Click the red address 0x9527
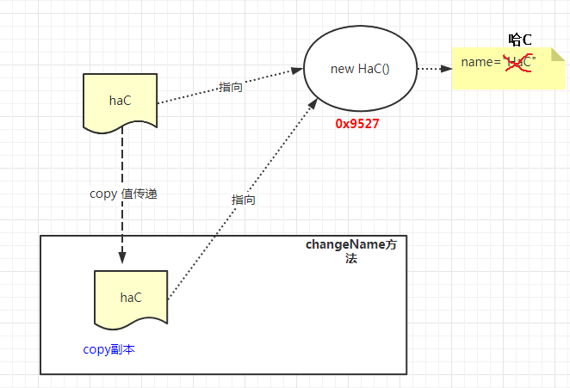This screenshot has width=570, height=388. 357,124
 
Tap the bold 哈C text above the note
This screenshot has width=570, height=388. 520,40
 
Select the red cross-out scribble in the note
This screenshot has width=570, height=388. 517,63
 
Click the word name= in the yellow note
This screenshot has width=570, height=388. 481,62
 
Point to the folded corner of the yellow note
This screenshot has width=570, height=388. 558,54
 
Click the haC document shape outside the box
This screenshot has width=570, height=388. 120,103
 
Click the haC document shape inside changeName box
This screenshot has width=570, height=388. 131,300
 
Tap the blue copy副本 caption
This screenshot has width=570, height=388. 108,349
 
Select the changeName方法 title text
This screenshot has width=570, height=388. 350,251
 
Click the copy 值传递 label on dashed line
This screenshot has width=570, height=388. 123,194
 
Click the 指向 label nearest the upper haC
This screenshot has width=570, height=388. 231,87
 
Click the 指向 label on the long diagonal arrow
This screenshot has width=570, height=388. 243,200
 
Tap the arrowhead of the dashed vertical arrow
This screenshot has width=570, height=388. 122,256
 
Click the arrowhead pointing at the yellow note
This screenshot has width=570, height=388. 446,68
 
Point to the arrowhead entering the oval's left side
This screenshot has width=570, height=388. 297,71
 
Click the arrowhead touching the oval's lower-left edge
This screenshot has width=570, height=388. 313,103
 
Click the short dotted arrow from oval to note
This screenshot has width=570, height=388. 435,68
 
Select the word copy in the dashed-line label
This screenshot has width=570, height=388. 103,194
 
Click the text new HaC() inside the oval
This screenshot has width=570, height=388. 360,69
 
